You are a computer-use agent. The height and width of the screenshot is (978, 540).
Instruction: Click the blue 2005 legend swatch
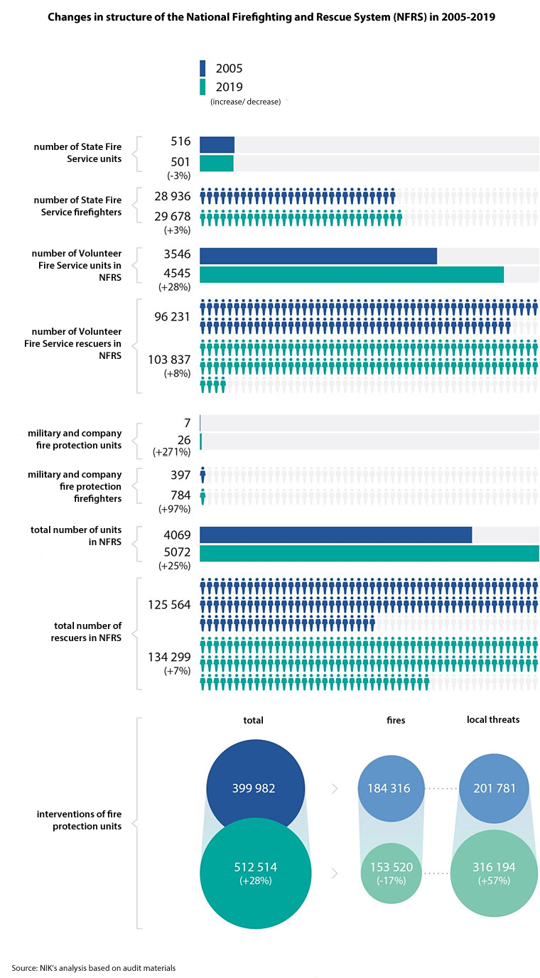202,68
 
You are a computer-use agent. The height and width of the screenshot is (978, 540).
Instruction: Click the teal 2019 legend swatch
202,87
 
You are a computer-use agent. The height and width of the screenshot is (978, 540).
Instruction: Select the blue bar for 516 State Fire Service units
217,145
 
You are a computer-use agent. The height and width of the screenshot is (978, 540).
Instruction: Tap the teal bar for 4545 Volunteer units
352,274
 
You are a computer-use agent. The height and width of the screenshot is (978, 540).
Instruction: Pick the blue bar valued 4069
335,534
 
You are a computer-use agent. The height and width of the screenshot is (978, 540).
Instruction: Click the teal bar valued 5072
369,554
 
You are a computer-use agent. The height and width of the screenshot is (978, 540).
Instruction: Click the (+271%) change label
172,452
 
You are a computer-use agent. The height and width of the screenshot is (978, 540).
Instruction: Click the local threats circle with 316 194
493,874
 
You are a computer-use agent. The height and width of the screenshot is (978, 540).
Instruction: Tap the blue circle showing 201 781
493,788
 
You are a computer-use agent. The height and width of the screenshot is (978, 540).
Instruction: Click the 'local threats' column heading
493,719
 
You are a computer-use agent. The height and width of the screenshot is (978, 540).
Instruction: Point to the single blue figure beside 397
203,475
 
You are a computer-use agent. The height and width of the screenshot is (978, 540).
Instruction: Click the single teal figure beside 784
203,496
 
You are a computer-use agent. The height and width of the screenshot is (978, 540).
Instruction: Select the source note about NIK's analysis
93,967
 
